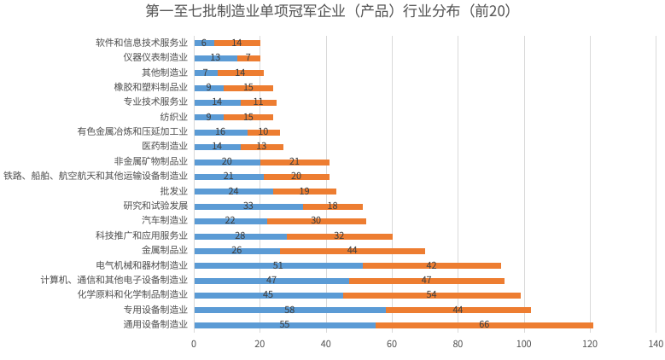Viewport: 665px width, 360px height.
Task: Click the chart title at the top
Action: (333, 11)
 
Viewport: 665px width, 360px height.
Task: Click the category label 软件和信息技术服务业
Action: (142, 43)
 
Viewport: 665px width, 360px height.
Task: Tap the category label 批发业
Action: (173, 191)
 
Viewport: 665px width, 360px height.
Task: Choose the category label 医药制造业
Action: (165, 147)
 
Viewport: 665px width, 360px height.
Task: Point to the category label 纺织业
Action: (173, 117)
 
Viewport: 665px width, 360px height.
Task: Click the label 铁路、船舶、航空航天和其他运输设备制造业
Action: (96, 176)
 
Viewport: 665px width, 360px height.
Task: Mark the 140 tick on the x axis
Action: (656, 344)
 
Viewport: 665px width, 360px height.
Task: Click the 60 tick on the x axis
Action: (392, 344)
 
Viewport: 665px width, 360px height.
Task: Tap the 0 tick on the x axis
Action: (194, 344)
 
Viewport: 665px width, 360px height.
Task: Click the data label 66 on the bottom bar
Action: (484, 325)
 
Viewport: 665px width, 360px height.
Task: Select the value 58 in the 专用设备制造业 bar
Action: (290, 310)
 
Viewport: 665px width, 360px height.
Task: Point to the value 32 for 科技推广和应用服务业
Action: (339, 235)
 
